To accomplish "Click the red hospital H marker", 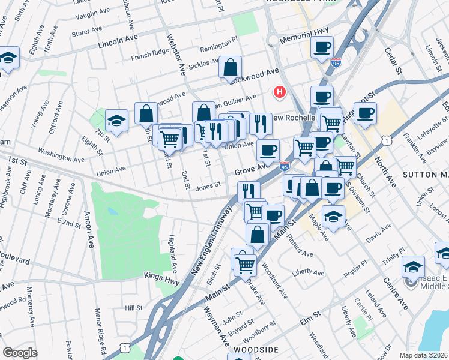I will [279, 92].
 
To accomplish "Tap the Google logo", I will [20, 353].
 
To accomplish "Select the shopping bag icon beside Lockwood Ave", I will [230, 68].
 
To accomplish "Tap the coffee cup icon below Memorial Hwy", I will [322, 47].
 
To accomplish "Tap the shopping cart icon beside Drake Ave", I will [245, 265].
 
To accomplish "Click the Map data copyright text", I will [424, 355].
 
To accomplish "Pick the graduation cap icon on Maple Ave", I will [333, 217].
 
